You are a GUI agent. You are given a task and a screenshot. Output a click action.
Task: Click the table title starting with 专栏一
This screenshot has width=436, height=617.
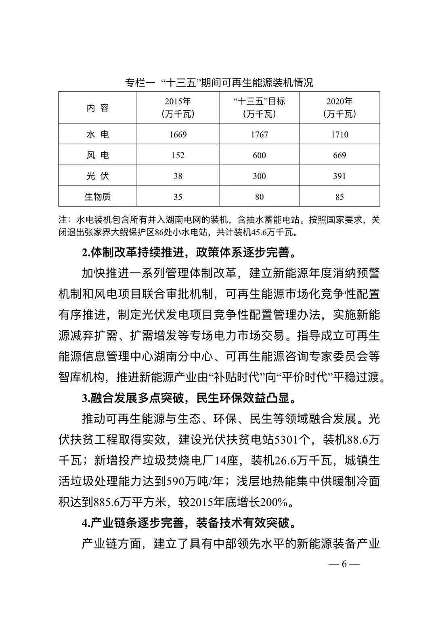point(219,83)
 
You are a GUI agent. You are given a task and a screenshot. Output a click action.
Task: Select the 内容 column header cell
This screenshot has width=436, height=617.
point(98,108)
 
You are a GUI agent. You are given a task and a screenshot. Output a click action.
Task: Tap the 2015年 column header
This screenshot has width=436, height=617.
point(178,108)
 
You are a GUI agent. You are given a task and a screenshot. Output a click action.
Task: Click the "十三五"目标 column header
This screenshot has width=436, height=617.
point(259,108)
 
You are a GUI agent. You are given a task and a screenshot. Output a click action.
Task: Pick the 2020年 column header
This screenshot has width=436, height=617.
point(340,108)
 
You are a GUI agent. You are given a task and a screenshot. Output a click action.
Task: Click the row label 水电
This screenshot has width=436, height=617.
point(98,134)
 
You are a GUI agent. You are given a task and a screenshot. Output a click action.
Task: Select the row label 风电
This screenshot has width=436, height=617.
point(98,155)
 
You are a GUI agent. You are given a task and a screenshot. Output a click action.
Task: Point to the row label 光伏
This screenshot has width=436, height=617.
point(98,176)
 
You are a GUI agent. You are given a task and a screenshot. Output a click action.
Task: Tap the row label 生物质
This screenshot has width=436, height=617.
point(98,197)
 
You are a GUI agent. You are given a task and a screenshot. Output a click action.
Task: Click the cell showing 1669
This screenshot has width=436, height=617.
point(178,134)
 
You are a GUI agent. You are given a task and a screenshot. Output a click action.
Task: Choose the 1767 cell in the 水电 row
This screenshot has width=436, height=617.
point(259,134)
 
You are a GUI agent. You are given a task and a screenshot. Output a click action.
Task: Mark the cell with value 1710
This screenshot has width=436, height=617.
point(340,134)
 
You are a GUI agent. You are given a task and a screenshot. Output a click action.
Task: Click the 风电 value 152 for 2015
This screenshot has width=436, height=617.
point(178,155)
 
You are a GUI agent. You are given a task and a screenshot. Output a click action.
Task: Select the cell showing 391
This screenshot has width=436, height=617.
point(340,176)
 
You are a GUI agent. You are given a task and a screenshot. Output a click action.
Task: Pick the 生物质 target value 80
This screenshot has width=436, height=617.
point(259,197)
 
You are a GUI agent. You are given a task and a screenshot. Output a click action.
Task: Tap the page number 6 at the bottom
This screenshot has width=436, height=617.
point(344,564)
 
